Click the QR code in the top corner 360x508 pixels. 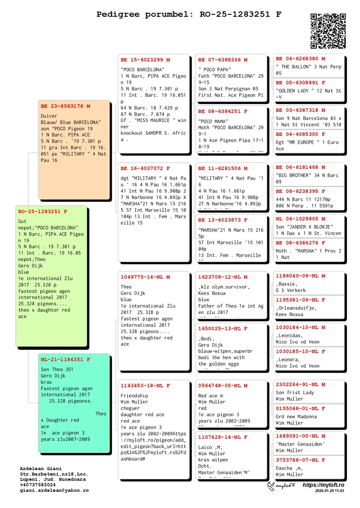click(328, 31)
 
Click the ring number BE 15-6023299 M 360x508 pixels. click(145, 59)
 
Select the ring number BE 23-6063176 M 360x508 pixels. click(65, 106)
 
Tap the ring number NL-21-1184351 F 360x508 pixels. click(65, 360)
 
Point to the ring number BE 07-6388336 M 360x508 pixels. click(223, 59)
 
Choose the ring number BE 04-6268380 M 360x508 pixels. click(300, 58)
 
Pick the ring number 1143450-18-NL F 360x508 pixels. click(145, 385)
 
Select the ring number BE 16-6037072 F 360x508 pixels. click(145, 168)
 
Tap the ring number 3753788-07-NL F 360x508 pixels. click(300, 460)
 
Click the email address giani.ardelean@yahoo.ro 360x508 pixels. click(54, 490)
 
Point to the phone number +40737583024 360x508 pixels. click(38, 485)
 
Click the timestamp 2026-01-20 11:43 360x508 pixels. click(330, 491)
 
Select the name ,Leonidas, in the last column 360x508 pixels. click(289, 335)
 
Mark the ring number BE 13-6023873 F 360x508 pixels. click(223, 220)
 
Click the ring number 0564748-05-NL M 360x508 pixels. click(223, 385)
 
